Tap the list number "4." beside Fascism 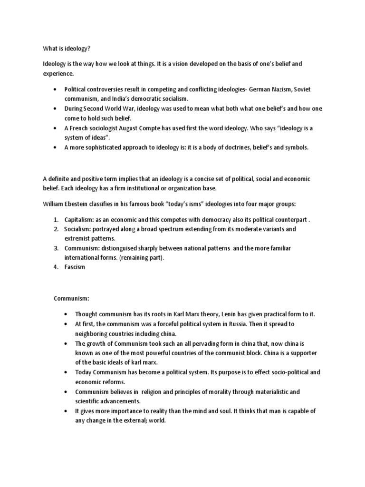tap(55, 267)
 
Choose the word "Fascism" tap(75, 267)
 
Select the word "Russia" tap(247, 324)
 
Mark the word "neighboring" tap(93, 333)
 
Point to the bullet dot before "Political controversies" tap(55, 89)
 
